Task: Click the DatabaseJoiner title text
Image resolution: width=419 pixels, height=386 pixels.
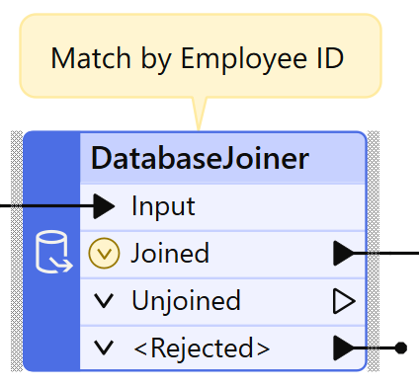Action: pyautogui.click(x=201, y=158)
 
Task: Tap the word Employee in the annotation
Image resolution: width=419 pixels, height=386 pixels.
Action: pyautogui.click(x=238, y=58)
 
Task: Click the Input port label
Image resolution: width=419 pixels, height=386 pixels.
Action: pyautogui.click(x=163, y=206)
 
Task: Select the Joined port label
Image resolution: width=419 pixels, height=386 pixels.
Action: pyautogui.click(x=170, y=254)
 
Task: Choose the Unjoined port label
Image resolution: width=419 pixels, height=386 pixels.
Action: pyautogui.click(x=186, y=300)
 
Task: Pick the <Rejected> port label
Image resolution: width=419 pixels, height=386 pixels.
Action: pyautogui.click(x=201, y=347)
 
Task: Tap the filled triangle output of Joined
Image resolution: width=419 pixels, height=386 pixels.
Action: pyautogui.click(x=343, y=254)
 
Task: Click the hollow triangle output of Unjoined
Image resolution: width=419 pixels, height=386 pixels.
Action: pyautogui.click(x=344, y=300)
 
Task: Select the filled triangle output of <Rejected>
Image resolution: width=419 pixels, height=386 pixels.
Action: pyautogui.click(x=343, y=347)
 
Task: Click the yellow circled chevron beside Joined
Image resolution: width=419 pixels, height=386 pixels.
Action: pyautogui.click(x=104, y=254)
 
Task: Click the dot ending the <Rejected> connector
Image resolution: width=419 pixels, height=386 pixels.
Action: pyautogui.click(x=400, y=347)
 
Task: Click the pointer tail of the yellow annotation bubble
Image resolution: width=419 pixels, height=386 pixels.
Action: pyautogui.click(x=200, y=111)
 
